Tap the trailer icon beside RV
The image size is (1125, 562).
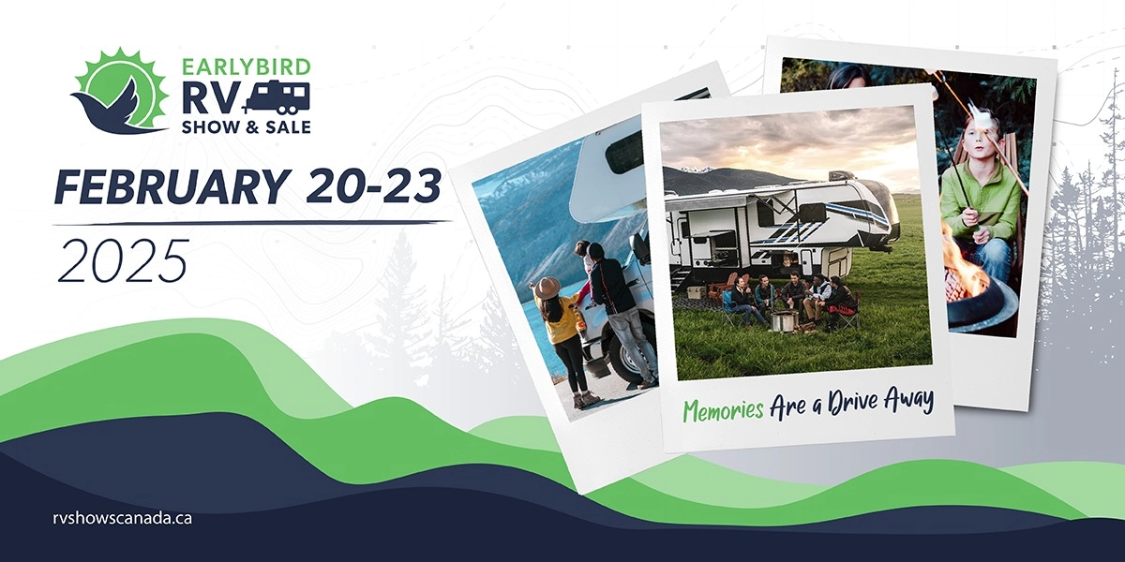pyautogui.click(x=276, y=96)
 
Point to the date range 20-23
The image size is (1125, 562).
pyautogui.click(x=373, y=188)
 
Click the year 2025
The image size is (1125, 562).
pyautogui.click(x=123, y=259)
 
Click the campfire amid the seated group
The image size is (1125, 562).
pyautogui.click(x=784, y=321)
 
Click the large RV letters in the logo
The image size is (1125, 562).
pyautogui.click(x=215, y=96)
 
